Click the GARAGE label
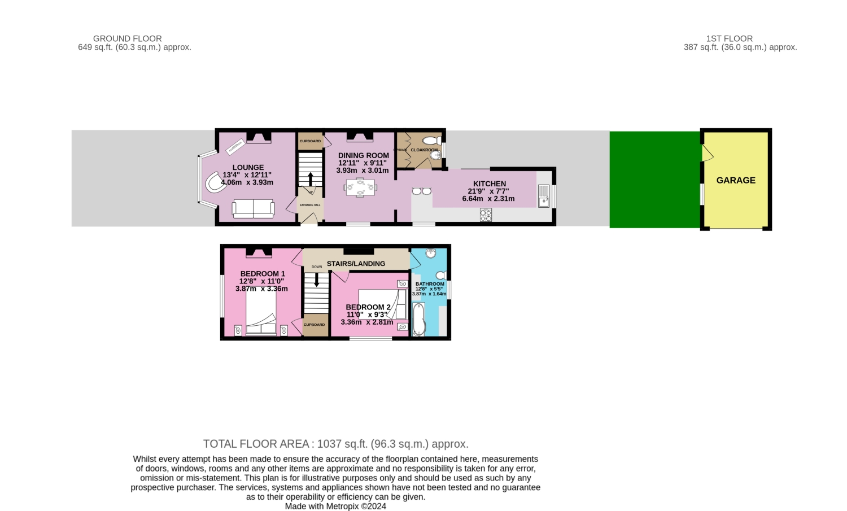736,181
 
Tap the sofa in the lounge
254,209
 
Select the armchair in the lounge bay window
215,182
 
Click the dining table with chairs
360,188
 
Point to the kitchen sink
544,195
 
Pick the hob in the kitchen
486,215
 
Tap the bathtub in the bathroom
418,320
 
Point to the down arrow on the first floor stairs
316,279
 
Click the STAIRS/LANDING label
356,264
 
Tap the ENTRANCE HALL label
310,205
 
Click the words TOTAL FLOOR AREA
256,444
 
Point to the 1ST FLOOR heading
729,39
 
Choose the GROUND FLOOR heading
128,39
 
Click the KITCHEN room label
490,184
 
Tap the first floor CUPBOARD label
315,325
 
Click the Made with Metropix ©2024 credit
335,506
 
